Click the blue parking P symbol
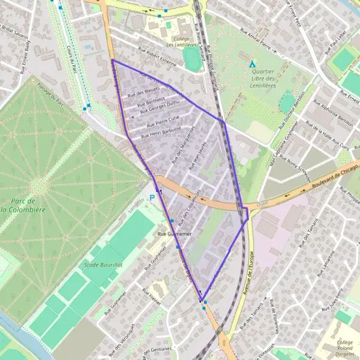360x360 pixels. (152, 197)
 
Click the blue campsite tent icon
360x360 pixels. (252, 64)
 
